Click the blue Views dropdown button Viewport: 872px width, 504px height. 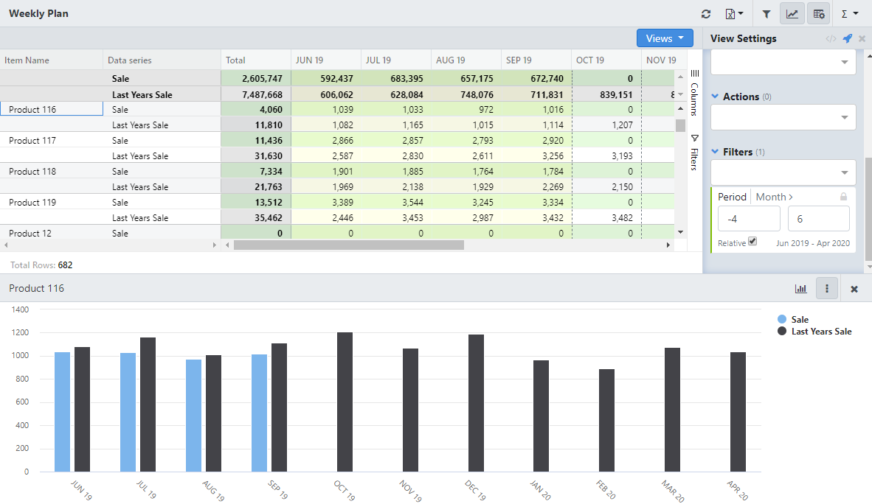[665, 38]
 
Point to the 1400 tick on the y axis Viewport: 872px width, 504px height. [20, 309]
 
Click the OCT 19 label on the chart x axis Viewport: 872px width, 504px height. [345, 490]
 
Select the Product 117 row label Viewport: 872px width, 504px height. [32, 140]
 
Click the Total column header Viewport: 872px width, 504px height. [236, 60]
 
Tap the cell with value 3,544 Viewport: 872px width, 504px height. [395, 203]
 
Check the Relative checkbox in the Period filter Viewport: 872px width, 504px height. [752, 241]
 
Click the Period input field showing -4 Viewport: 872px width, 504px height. [749, 219]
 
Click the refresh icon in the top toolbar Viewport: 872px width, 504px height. [706, 14]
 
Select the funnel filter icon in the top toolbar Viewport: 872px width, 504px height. [767, 14]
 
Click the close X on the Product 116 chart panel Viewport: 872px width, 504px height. [854, 289]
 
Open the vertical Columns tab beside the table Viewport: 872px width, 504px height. [694, 94]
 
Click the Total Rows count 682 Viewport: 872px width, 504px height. [65, 265]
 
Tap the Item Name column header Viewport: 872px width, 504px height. [27, 60]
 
